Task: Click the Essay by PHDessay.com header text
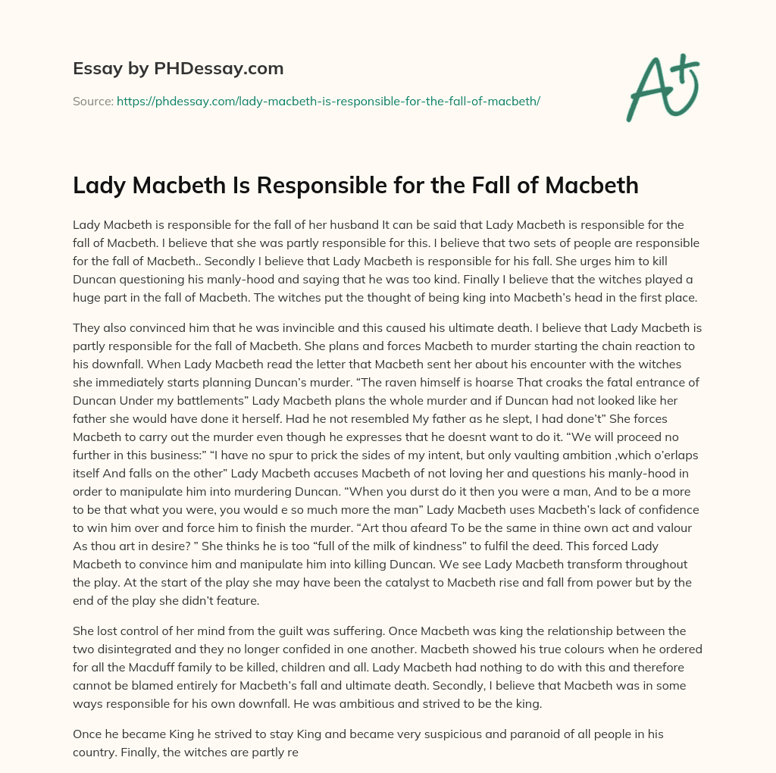[178, 69]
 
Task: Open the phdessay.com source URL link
[328, 101]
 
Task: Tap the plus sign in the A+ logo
[681, 64]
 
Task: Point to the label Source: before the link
[93, 101]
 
